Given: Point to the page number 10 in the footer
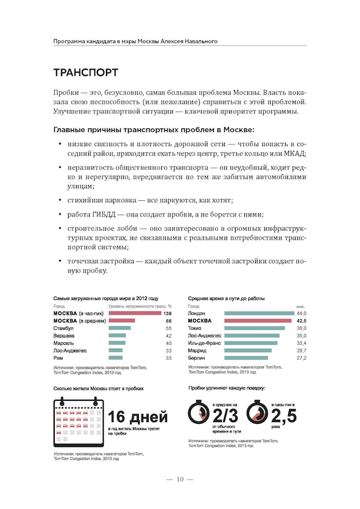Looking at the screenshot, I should click(x=180, y=479).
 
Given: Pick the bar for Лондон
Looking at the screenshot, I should click(x=259, y=313).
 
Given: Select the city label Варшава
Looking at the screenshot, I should click(x=64, y=335).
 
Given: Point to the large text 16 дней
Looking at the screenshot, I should click(x=138, y=416).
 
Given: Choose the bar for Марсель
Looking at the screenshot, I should click(x=117, y=343).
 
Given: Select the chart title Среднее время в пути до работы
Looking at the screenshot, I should click(x=226, y=298).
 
